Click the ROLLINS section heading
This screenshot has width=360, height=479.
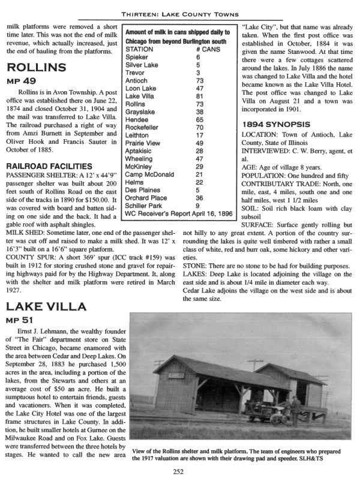pyautogui.click(x=32, y=67)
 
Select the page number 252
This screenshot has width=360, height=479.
pyautogui.click(x=178, y=471)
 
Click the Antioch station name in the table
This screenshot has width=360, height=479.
pyautogui.click(x=136, y=80)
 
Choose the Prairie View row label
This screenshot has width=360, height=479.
pyautogui.click(x=141, y=143)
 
